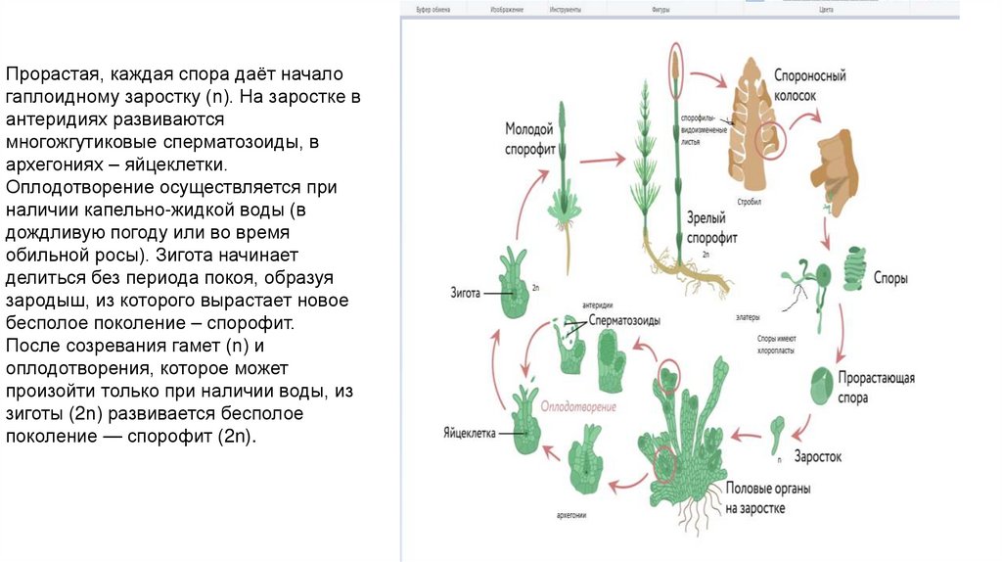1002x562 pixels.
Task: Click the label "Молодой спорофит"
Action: [529, 140]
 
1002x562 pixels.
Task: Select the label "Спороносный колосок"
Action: [809, 83]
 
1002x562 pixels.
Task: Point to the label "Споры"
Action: [889, 278]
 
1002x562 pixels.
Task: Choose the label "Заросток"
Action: [817, 456]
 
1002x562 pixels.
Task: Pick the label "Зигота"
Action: [465, 293]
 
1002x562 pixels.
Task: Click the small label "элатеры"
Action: [750, 317]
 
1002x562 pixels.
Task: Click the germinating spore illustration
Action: [823, 386]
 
